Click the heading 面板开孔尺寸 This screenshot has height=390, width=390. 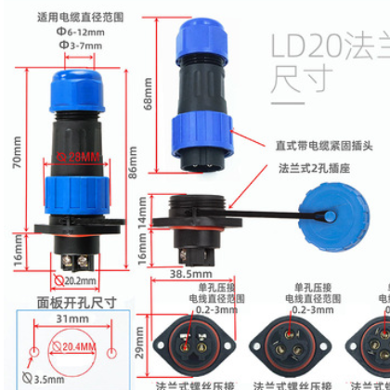tap(71, 302)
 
